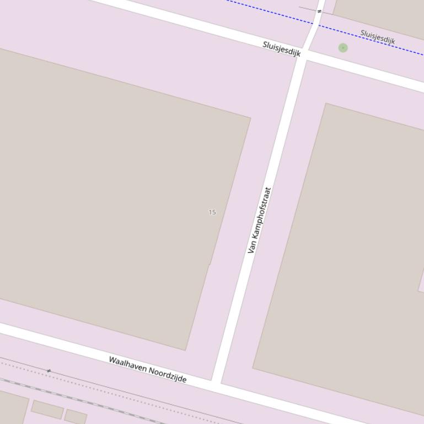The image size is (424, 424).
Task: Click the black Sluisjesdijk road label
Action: coord(282,49)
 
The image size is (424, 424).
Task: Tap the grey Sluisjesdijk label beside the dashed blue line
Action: coord(378,37)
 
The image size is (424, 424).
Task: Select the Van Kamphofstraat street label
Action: coord(260,220)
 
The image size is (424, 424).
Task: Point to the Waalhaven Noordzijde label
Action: coord(147,369)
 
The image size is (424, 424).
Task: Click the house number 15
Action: coord(212,212)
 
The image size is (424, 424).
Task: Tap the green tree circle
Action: coord(343,48)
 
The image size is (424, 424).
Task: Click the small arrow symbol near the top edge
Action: coord(319,11)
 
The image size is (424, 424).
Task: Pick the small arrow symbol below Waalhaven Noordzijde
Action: coord(49,371)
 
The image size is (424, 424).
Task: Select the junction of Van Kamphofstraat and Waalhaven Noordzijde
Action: coord(216,382)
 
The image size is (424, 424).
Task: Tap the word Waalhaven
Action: coord(128,363)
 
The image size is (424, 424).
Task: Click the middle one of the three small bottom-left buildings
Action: coord(47,409)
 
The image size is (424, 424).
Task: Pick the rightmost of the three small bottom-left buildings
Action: coord(76,416)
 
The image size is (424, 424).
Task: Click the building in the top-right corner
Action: coord(380,14)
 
